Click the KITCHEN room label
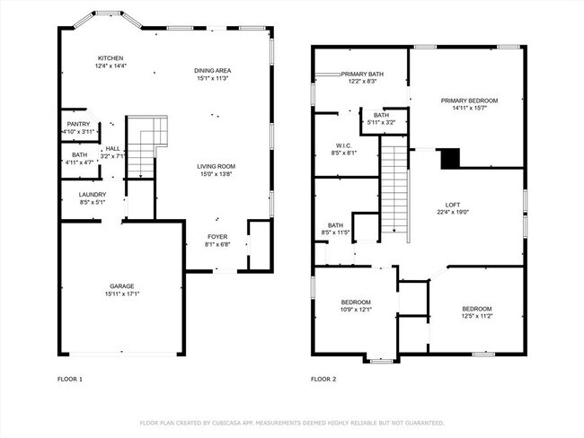(x=111, y=57)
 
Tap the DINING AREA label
(x=212, y=70)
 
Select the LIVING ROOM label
(x=216, y=166)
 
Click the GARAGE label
(x=122, y=286)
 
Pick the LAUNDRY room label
(x=93, y=194)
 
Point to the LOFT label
(x=453, y=205)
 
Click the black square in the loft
(x=448, y=158)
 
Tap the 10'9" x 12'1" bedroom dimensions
(x=356, y=310)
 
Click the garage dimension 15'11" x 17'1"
(x=122, y=293)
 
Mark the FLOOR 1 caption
(x=70, y=380)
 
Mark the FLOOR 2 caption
(x=323, y=380)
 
